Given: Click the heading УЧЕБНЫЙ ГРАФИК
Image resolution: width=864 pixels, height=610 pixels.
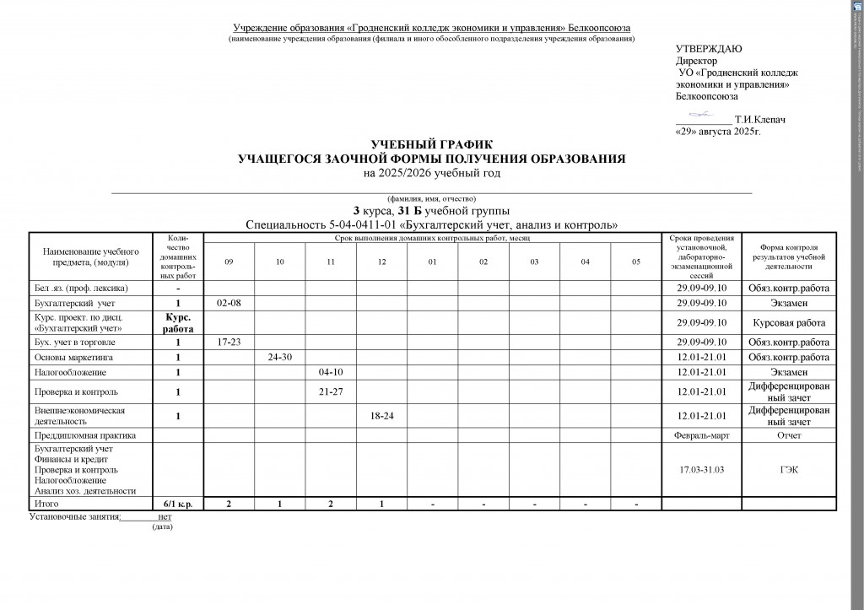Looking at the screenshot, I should click(431, 145).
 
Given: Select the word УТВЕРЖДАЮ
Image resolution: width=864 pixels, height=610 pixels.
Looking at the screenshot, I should click(710, 49).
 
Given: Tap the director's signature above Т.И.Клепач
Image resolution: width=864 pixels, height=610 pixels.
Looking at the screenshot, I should click(700, 114).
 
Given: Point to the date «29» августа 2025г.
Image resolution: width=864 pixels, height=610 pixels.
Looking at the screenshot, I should click(718, 132).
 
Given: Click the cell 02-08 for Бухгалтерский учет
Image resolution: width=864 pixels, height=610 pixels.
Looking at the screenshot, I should click(229, 302).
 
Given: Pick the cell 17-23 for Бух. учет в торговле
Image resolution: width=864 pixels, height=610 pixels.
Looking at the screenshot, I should click(229, 343).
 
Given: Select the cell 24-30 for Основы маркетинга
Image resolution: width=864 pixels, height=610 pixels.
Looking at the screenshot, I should click(280, 357).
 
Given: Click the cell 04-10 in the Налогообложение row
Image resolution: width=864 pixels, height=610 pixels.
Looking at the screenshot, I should click(331, 371).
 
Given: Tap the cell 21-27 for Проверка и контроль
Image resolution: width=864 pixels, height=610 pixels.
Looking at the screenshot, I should click(331, 391).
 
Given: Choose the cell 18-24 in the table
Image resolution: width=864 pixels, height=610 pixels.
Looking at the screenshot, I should click(381, 415).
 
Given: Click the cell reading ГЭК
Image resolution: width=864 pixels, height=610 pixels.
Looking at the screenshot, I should click(789, 469).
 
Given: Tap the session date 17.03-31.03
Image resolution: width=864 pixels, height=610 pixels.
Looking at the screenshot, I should click(701, 469).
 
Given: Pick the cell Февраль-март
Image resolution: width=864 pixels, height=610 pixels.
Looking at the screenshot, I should click(701, 435).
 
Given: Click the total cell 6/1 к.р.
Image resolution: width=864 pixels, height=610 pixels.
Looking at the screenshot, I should click(178, 504).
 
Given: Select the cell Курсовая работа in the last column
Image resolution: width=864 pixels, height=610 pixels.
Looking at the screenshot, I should click(789, 322).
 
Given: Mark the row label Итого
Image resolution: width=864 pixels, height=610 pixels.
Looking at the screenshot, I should click(46, 504).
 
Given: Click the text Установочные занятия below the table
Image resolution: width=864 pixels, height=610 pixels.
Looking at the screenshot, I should click(74, 516).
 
